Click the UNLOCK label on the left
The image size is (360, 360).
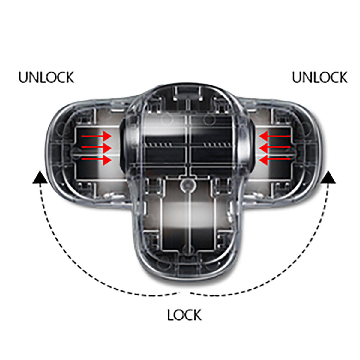pyautogui.click(x=46, y=77)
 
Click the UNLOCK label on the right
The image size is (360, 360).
pyautogui.click(x=320, y=77)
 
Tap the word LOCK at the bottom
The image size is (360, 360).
pyautogui.click(x=184, y=315)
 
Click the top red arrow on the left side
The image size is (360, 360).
pyautogui.click(x=96, y=136)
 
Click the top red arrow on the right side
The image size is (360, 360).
pyautogui.click(x=274, y=136)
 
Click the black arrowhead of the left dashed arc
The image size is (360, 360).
pyautogui.click(x=40, y=178)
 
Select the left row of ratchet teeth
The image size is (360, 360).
pyautogui.click(x=158, y=144)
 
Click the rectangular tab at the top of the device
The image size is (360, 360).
pyautogui.click(x=188, y=93)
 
